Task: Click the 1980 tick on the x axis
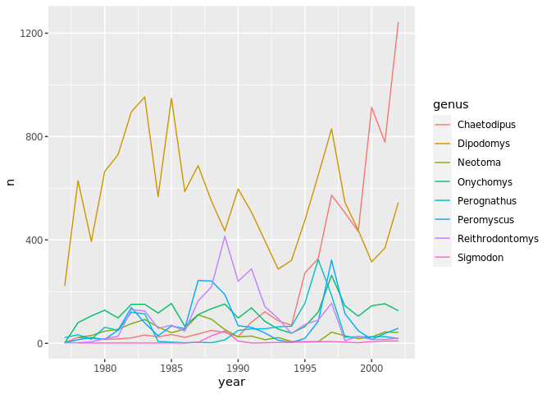point(105,369)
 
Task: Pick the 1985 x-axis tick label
point(171,369)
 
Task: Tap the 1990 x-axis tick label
point(238,369)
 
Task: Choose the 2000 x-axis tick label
point(371,369)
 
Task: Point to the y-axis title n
point(11,181)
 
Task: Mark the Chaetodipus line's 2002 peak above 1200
point(398,23)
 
